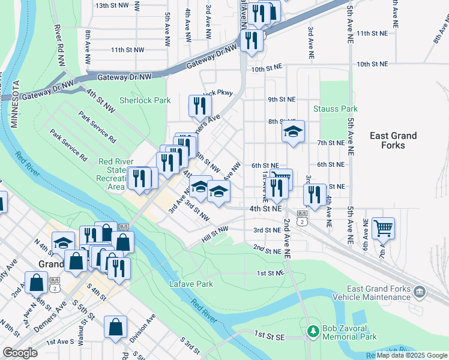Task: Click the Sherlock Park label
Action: (145, 101)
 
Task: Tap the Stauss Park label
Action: (336, 109)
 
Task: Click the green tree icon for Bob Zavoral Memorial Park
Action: (312, 331)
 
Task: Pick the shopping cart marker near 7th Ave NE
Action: (383, 228)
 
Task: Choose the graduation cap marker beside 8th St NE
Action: (293, 131)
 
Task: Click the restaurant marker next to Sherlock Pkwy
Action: (200, 106)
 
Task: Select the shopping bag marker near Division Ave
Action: (115, 327)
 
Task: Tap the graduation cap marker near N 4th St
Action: (62, 243)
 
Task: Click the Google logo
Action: (20, 353)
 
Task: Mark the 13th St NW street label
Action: (112, 5)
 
